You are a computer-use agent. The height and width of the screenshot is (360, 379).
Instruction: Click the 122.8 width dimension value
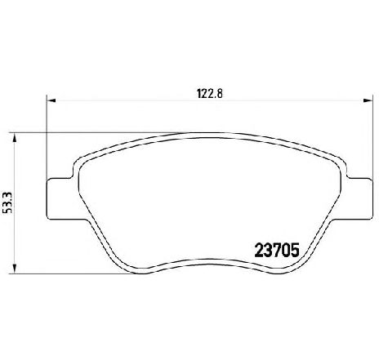(x=210, y=94)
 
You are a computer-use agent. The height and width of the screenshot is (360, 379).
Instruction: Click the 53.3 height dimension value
(x=7, y=202)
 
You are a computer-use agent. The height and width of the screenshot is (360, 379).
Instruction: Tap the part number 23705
(x=277, y=251)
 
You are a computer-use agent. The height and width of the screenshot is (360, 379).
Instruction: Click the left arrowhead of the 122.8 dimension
(x=51, y=100)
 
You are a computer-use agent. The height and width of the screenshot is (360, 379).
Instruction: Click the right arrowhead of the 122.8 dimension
(x=368, y=100)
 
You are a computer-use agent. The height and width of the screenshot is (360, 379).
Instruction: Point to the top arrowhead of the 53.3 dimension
(x=15, y=137)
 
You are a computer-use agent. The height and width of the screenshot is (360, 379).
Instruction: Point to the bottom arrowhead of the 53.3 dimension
(x=15, y=269)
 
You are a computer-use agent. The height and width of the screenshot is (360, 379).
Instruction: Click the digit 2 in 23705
(x=259, y=251)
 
